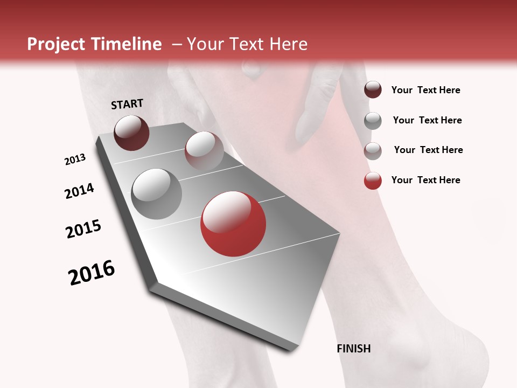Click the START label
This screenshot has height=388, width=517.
127,103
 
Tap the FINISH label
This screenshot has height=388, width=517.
353,349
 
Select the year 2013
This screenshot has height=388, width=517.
75,160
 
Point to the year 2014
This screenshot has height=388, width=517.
79,191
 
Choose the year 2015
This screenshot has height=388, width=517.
83,229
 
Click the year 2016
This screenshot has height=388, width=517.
92,272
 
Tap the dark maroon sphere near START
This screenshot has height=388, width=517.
131,133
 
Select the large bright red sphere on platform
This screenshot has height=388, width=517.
233,224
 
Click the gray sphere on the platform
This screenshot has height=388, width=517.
156,194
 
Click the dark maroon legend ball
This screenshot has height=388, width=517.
373,89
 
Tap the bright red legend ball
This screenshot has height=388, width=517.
373,181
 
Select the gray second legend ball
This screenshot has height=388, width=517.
373,120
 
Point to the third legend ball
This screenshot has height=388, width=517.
373,151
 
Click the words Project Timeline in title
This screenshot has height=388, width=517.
94,44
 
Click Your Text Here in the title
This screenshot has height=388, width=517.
247,44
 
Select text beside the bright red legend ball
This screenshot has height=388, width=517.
425,180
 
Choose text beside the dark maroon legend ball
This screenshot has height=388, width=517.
425,90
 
